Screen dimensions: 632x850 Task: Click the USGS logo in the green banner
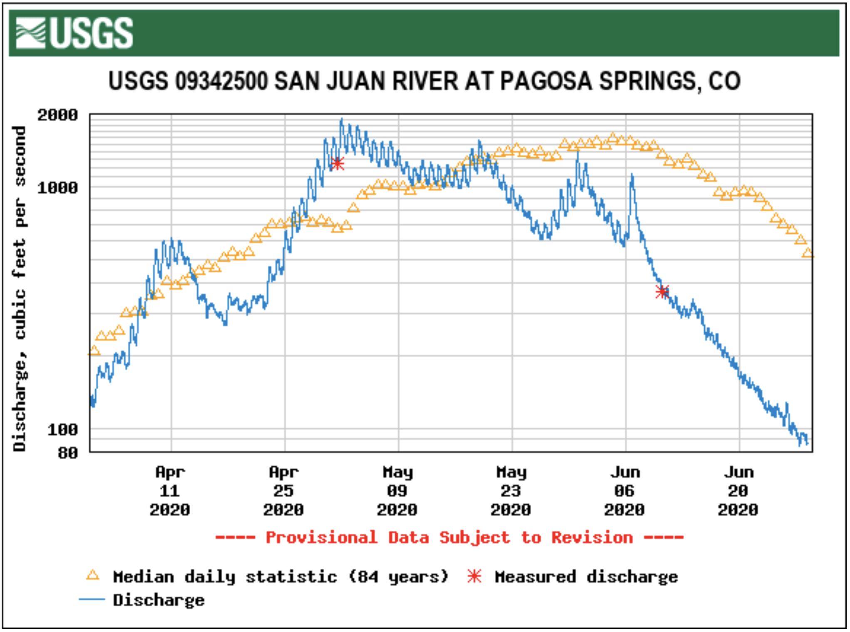[x=74, y=33]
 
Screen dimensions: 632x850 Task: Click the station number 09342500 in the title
[x=221, y=81]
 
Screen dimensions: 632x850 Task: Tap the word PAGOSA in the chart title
[x=546, y=81]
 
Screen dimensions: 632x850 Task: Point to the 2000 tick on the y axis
[x=57, y=115]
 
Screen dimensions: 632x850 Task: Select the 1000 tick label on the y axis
[x=57, y=188]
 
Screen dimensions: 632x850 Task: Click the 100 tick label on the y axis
[x=62, y=429]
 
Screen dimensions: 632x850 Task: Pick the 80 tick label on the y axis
[x=68, y=453]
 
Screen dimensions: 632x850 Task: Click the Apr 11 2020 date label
[x=170, y=491]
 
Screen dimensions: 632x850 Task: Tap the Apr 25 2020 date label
[x=283, y=491]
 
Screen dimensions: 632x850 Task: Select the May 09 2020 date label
[x=398, y=491]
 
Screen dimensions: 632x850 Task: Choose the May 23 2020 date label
[x=511, y=491]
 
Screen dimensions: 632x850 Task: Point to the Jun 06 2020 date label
[x=625, y=491]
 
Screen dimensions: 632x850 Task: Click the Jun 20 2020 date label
[x=738, y=491]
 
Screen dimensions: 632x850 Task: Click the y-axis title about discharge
[x=19, y=288]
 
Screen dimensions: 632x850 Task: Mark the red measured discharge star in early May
[x=337, y=163]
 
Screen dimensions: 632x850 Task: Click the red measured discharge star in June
[x=662, y=292]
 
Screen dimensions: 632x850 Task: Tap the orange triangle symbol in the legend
[x=92, y=575]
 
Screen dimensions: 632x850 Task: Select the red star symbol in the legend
[x=474, y=576]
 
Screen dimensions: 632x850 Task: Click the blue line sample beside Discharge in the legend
[x=92, y=600]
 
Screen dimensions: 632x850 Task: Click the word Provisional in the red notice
[x=321, y=537]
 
